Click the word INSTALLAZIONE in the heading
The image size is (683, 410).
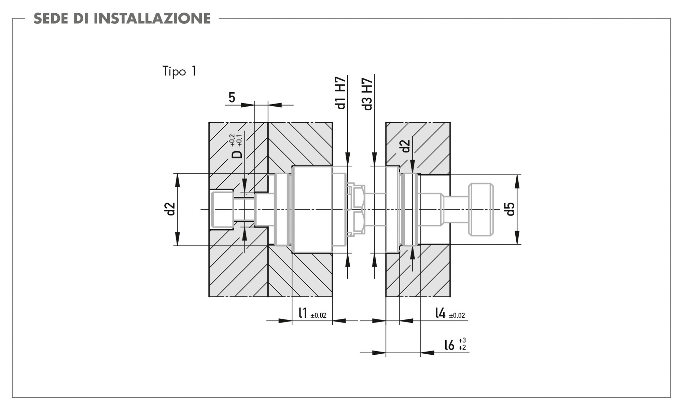click(x=152, y=18)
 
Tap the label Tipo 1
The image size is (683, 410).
click(x=179, y=71)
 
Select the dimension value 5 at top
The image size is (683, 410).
click(x=232, y=98)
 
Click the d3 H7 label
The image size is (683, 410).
click(x=367, y=94)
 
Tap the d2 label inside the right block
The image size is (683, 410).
click(x=405, y=146)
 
